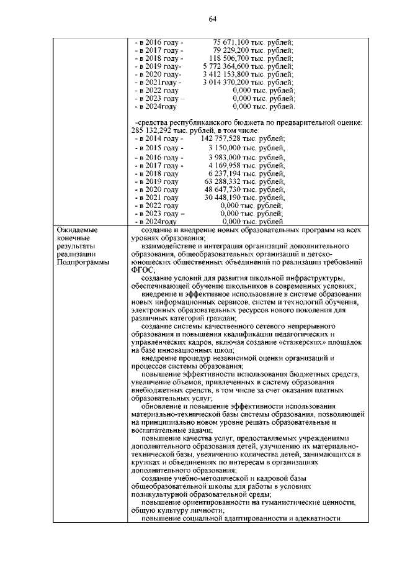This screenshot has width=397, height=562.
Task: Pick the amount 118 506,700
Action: pos(230,57)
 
